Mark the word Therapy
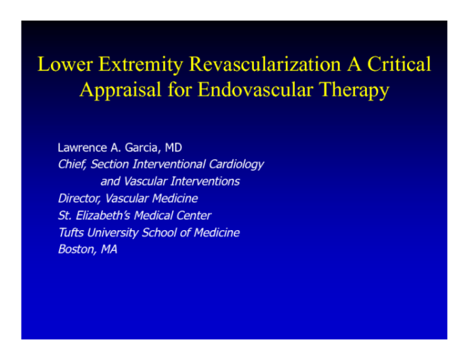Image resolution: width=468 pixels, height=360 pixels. point(353,90)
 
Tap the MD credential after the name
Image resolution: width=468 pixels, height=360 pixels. point(173,147)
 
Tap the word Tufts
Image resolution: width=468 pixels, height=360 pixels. point(70,233)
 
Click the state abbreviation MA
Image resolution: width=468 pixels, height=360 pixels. point(109,250)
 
